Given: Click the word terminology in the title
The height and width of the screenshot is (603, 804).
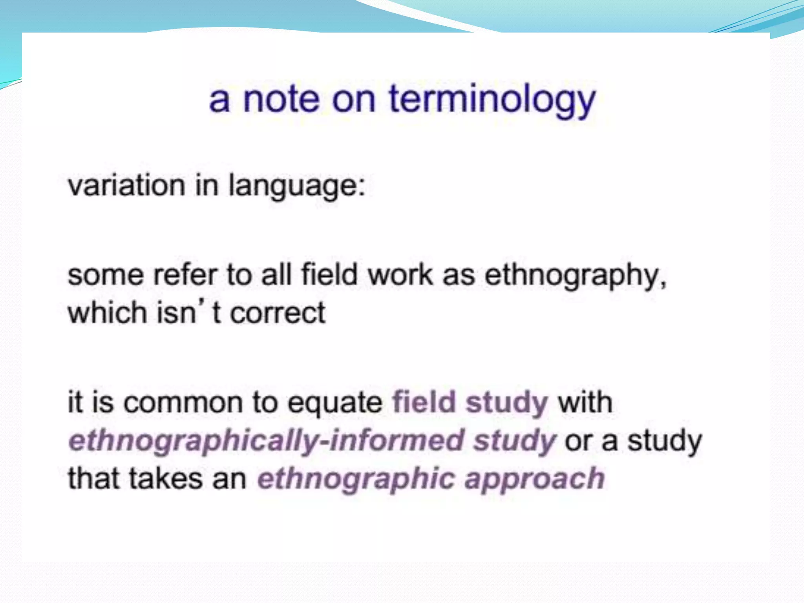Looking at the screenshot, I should coord(492,100).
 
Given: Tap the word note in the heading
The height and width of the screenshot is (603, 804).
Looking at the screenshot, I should coord(281,100).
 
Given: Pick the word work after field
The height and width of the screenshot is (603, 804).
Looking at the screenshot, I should coord(400,275).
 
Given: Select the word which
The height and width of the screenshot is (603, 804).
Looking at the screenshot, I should coord(107,313).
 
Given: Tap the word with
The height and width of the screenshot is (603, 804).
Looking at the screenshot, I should coord(585,402).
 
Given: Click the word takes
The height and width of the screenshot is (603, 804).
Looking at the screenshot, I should coord(165,479).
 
